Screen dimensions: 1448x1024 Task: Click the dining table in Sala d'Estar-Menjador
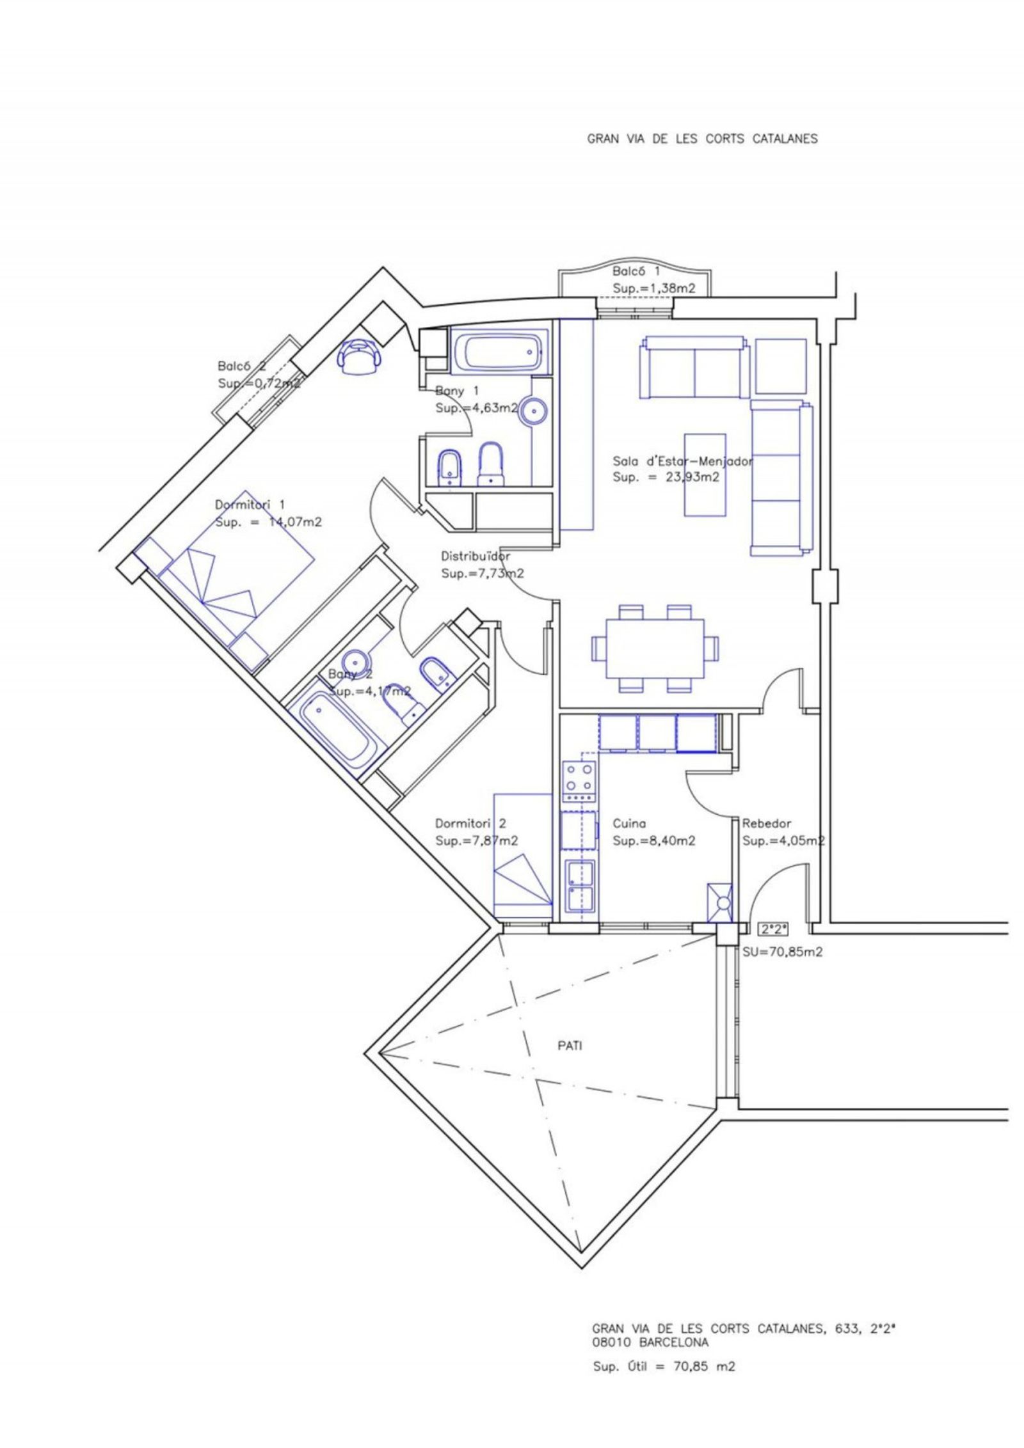point(655,649)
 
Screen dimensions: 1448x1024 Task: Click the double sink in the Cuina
point(579,886)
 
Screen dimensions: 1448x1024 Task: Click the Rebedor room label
point(766,824)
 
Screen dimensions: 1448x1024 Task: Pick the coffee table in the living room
point(706,474)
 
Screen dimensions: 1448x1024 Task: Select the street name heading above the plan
point(702,139)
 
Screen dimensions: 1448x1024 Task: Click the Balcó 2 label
point(242,366)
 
